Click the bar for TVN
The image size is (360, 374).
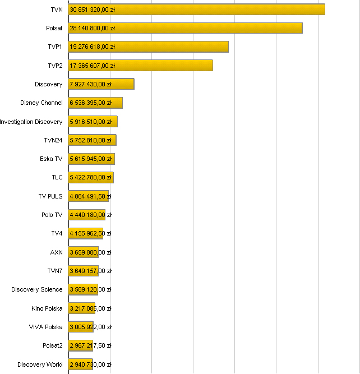(x=196, y=10)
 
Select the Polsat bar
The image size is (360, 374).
(x=185, y=28)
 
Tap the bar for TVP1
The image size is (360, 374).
(x=148, y=47)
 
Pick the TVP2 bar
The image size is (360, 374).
(x=140, y=66)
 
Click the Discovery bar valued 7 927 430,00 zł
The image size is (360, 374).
(x=101, y=84)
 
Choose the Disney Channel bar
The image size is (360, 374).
(x=95, y=103)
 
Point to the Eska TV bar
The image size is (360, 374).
(x=91, y=159)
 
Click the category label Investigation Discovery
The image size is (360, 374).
(x=31, y=122)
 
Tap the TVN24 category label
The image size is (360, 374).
(x=53, y=140)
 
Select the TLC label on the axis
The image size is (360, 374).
(x=57, y=177)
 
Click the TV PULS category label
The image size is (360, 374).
(x=50, y=196)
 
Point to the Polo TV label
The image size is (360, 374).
(x=52, y=215)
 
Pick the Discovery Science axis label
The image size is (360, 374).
(x=37, y=289)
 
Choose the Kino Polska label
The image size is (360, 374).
(x=47, y=308)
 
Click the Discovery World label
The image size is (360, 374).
(x=40, y=364)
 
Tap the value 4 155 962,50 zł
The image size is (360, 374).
(x=90, y=233)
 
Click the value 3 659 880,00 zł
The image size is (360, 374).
(x=90, y=252)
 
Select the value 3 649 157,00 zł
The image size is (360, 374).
(x=90, y=271)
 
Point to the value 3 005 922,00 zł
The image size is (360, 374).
(x=90, y=327)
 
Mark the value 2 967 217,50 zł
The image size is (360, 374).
(x=90, y=345)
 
